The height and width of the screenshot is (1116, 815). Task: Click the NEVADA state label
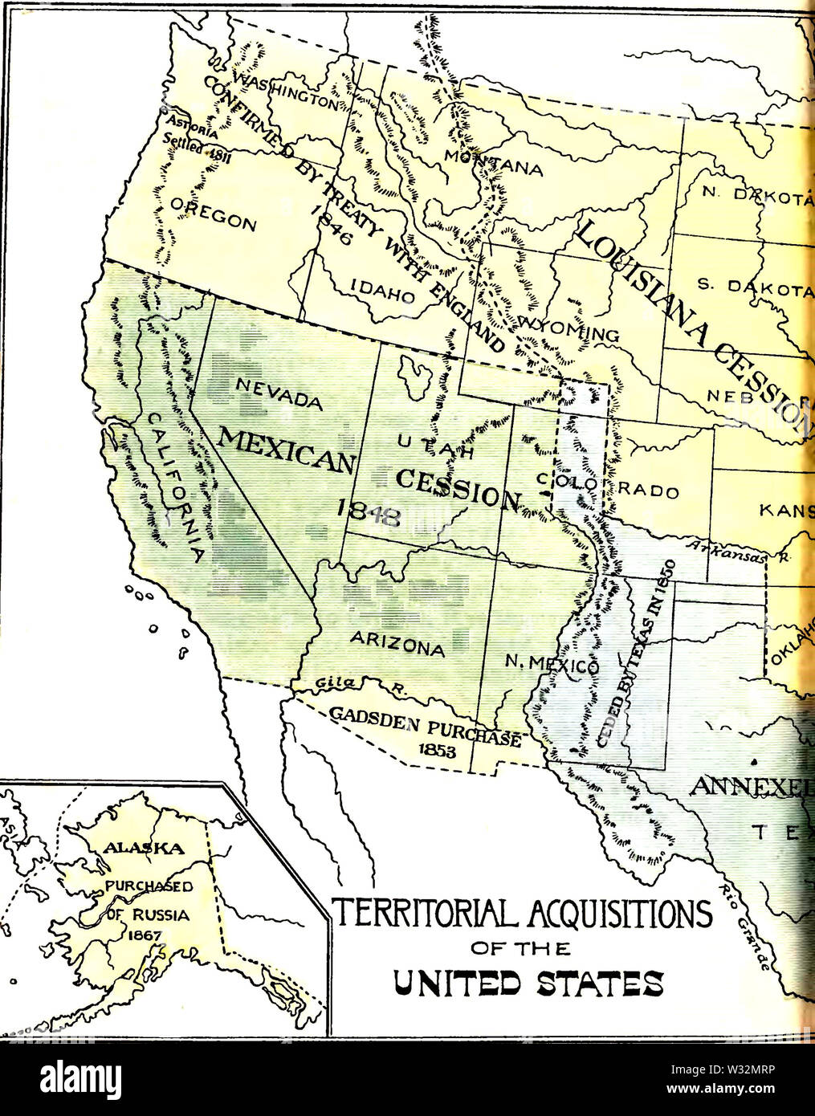278,393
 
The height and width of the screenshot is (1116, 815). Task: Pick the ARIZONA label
397,642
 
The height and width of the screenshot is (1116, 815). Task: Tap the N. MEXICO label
552,664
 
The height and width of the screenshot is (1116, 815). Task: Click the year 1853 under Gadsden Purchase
437,751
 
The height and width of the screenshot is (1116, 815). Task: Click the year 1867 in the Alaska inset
142,935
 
